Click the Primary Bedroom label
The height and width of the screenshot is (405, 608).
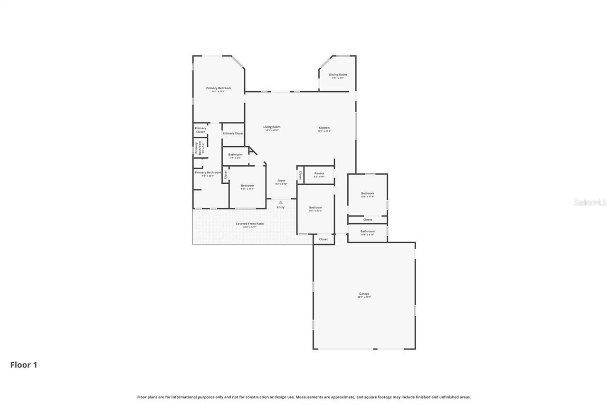[218, 88]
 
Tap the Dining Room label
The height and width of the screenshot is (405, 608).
[338, 75]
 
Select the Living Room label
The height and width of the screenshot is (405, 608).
[272, 127]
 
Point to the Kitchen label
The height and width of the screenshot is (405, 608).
[324, 128]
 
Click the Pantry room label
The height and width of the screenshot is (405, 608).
[319, 174]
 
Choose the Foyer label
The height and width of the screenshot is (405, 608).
[281, 181]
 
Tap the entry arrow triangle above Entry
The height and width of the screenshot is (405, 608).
[281, 202]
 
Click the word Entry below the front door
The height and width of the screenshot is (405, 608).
[281, 207]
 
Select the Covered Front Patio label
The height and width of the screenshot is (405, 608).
[250, 224]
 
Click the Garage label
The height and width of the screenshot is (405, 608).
[364, 294]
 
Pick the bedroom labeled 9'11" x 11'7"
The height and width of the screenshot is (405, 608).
[247, 186]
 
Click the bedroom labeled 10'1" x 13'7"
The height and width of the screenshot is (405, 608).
[315, 207]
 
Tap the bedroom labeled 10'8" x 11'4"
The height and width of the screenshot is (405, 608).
[367, 194]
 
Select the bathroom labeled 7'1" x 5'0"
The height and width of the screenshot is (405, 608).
[235, 155]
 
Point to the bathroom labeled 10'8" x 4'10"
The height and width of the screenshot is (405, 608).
[367, 232]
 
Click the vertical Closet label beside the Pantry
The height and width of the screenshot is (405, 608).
[300, 175]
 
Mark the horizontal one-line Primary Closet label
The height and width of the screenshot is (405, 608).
[233, 133]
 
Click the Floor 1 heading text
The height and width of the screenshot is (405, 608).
[24, 365]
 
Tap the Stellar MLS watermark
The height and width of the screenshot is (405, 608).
[590, 203]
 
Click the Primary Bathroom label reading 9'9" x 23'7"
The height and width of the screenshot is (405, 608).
[208, 173]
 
